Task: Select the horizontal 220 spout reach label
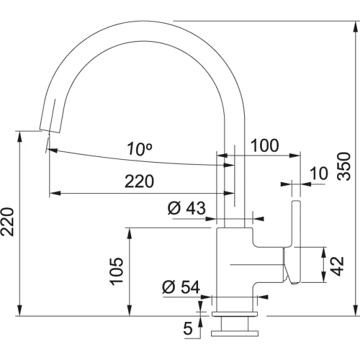(139, 181)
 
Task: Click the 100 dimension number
(264, 145)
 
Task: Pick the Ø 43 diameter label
(186, 209)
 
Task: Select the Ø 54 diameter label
(180, 287)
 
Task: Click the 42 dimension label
(333, 263)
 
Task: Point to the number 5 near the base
(188, 329)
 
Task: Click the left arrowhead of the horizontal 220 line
(53, 194)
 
